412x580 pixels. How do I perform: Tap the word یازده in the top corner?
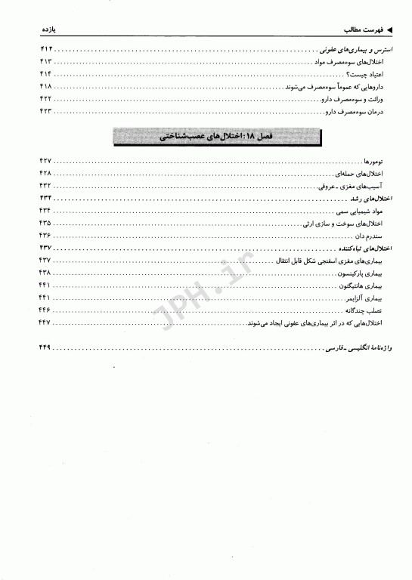(x=49, y=30)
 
